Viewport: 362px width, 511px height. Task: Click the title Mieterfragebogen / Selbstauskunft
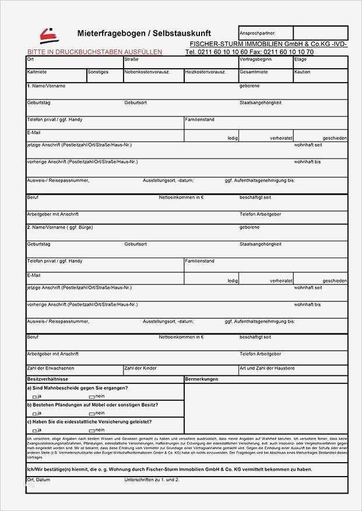point(144,33)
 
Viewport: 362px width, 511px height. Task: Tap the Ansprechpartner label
point(257,34)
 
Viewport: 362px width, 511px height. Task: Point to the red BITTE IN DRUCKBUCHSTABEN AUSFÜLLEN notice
point(94,52)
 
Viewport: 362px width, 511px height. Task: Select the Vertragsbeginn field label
point(255,59)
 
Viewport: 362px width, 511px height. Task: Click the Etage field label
point(300,59)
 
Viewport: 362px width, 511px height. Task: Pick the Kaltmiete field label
point(37,72)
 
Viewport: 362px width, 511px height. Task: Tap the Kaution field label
point(303,72)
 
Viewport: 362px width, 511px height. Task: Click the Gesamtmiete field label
point(254,72)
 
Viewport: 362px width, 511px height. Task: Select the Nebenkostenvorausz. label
point(146,72)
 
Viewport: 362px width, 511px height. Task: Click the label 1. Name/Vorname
point(46,86)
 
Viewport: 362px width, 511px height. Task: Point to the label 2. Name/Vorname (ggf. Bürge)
point(59,227)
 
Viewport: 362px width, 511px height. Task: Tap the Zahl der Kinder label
point(140,368)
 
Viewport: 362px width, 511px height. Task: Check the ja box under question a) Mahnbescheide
point(34,397)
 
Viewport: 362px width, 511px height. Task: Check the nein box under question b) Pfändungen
point(91,414)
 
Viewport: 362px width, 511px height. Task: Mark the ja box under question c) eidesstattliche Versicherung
point(34,431)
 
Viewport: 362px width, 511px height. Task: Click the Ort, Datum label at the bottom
point(38,480)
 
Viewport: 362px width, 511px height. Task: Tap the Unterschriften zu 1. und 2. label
point(152,480)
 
